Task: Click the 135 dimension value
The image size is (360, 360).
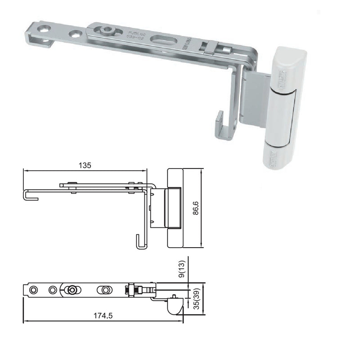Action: [85, 165]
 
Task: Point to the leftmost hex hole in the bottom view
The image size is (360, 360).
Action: [32, 290]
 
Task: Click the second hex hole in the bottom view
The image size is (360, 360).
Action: [53, 290]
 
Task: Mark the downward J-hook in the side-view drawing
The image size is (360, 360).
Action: [141, 242]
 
